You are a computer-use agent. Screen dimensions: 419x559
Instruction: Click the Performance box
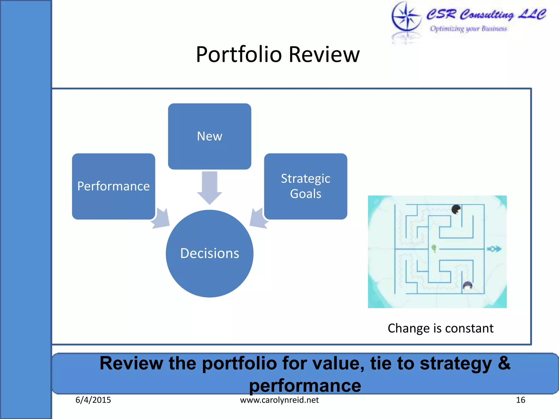[114, 186]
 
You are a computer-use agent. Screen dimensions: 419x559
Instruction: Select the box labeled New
[209, 136]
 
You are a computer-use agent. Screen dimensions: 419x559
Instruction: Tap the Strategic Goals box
[305, 186]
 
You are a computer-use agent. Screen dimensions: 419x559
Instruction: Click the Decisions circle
[209, 253]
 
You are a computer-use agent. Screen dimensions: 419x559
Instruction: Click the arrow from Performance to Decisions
[161, 219]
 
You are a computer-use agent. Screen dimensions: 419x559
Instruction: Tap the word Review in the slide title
[324, 55]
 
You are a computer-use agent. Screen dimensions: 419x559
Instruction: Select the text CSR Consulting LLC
[486, 14]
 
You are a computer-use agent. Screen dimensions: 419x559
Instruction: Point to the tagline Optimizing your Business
[468, 29]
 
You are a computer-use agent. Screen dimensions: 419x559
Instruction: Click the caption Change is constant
[440, 328]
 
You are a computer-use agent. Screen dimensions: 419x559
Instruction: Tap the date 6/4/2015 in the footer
[93, 400]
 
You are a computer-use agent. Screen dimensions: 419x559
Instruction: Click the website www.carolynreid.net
[279, 400]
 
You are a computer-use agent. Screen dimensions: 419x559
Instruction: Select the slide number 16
[520, 400]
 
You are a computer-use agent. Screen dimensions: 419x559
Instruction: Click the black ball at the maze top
[456, 209]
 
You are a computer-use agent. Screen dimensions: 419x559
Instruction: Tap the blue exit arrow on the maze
[494, 249]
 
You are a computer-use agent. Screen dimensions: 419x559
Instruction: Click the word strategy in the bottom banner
[456, 363]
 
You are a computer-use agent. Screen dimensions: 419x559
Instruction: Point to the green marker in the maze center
[434, 248]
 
